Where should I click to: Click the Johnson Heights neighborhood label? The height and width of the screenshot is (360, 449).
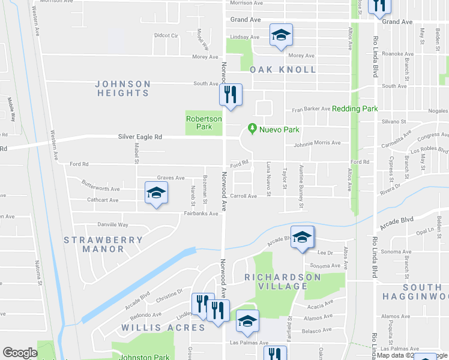[x=122, y=88]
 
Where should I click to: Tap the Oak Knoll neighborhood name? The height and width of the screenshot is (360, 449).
[x=283, y=70]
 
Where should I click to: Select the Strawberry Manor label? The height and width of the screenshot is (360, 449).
[x=104, y=244]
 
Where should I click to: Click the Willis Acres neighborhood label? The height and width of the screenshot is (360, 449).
[x=155, y=328]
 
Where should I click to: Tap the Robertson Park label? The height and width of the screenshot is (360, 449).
[x=204, y=122]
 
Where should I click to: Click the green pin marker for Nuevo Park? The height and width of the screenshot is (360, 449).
[x=252, y=129]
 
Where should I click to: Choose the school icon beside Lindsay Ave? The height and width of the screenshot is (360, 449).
[x=280, y=34]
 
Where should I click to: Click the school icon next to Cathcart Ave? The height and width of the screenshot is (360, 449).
[x=155, y=193]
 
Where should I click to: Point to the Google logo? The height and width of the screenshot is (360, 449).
[x=20, y=353]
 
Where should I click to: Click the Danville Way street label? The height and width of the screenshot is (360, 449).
[x=113, y=224]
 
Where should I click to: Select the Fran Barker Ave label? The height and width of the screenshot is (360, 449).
[x=311, y=109]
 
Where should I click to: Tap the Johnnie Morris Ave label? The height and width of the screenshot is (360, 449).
[x=317, y=143]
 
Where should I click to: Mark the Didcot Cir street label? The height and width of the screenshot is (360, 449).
[x=166, y=35]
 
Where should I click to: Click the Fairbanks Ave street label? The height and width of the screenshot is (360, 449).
[x=200, y=213]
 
